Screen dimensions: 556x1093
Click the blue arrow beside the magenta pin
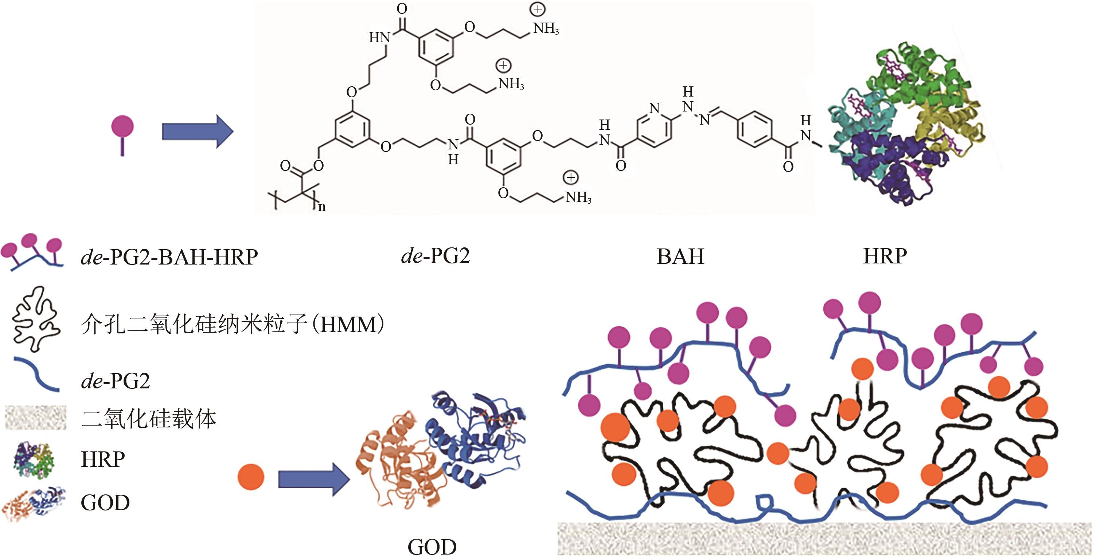click(197, 132)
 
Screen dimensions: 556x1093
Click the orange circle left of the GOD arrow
click(251, 477)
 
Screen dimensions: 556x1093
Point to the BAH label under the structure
click(680, 257)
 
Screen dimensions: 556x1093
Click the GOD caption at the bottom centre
click(432, 546)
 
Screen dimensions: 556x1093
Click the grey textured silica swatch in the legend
click(36, 418)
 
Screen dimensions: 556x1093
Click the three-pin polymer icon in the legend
click(32, 252)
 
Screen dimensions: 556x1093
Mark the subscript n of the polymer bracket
click(322, 207)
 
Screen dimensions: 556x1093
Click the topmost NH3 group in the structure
click(546, 28)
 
